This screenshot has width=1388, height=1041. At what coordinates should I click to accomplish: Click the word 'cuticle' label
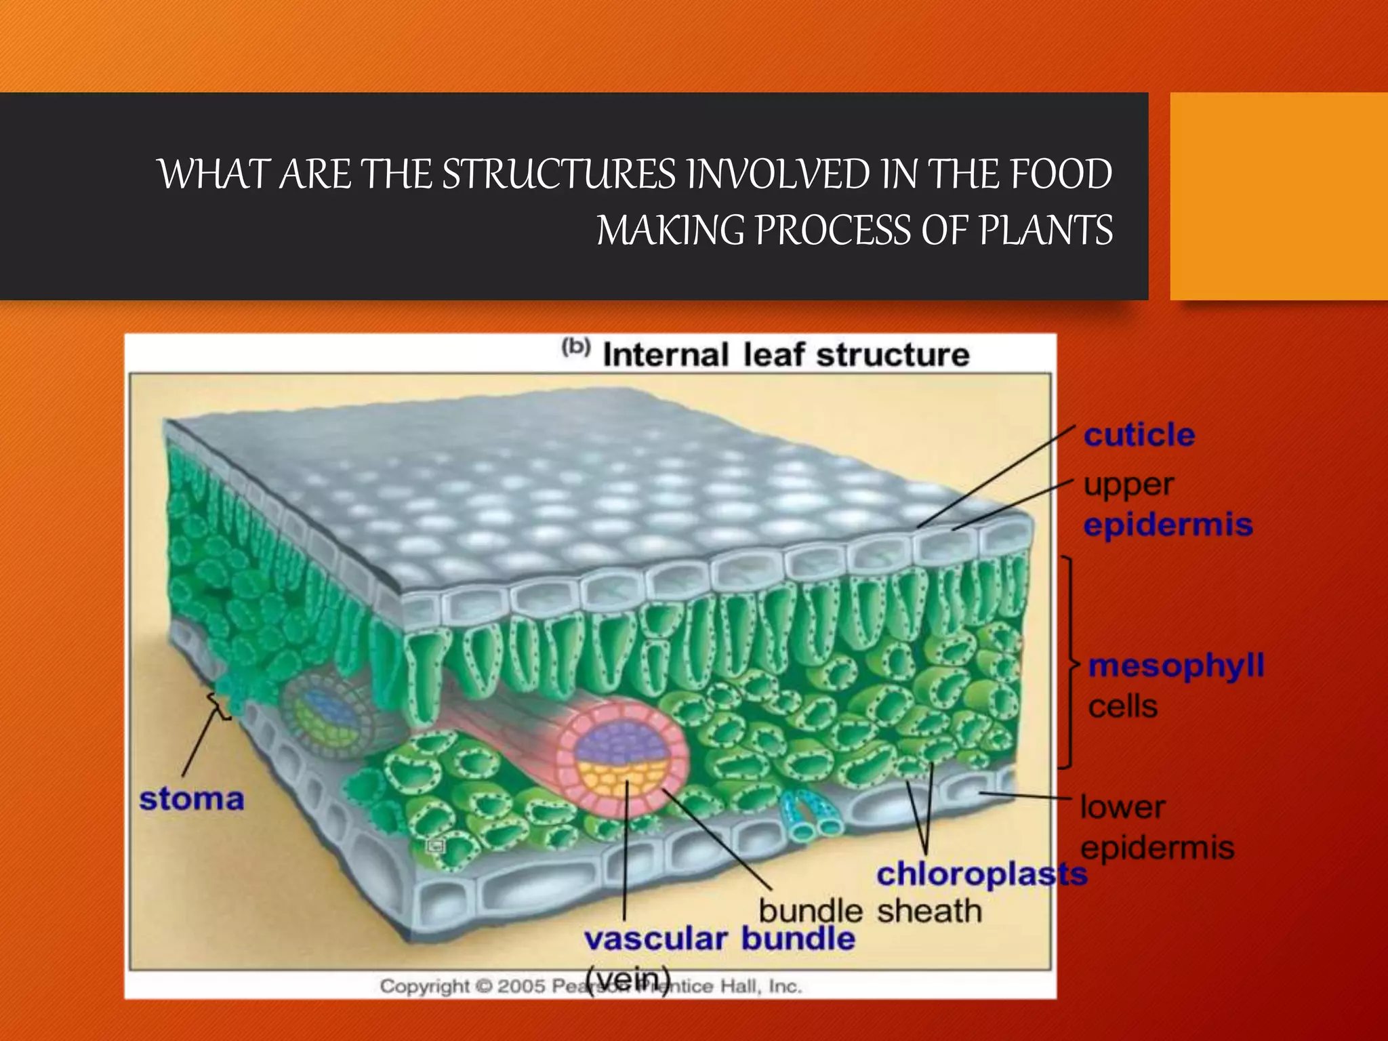click(1139, 435)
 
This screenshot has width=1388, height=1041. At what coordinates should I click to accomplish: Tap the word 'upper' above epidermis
click(1128, 485)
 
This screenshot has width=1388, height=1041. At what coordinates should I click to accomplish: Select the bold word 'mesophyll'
click(1176, 666)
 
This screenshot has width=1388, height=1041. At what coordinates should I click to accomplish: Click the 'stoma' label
click(192, 799)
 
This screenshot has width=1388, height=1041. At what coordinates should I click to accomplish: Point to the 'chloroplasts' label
click(981, 874)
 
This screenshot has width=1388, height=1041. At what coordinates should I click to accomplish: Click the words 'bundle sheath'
click(870, 911)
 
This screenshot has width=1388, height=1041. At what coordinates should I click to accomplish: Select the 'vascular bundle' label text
click(719, 939)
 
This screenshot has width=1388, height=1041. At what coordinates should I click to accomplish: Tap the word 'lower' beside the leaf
click(1122, 807)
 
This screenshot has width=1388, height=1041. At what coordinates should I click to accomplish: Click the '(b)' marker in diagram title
click(576, 347)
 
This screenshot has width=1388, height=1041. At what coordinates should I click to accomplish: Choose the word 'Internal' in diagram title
click(666, 355)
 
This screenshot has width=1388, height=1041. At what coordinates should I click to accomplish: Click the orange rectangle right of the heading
click(1278, 197)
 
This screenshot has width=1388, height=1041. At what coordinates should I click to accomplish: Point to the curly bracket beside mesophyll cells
click(1069, 663)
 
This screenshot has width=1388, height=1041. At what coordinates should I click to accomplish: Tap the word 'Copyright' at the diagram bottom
click(424, 986)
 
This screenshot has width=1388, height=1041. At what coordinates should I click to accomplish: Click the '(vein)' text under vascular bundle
click(628, 979)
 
